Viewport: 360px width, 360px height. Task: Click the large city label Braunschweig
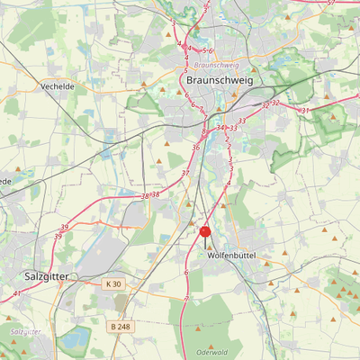[x=220, y=80]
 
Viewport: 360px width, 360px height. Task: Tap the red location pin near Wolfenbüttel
[x=205, y=233]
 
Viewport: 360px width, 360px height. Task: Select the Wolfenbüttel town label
[x=231, y=256]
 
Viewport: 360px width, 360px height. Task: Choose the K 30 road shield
[x=112, y=284]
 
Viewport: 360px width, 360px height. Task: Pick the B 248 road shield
[x=120, y=326]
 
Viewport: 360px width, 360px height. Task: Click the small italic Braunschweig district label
[x=216, y=65]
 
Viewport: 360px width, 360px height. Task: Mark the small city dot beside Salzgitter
[x=76, y=276]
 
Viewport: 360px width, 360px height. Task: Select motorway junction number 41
[x=17, y=293]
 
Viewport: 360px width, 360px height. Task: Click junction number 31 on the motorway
[x=305, y=110]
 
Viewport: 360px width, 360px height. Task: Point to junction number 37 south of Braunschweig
[x=185, y=172]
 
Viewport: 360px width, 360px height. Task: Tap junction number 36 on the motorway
[x=195, y=147]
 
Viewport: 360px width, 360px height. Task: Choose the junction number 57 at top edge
[x=330, y=3]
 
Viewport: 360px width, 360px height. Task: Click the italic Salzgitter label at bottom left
[x=25, y=331]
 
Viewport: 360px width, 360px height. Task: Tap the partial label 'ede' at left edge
[x=4, y=181]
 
